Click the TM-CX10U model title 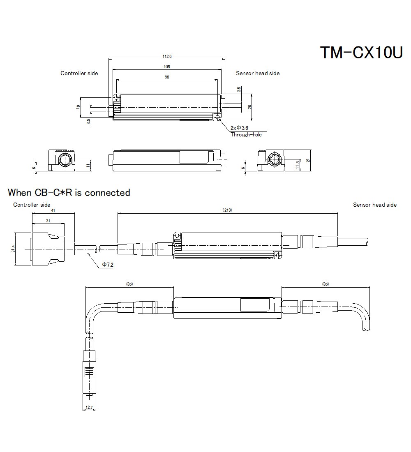pos(361,53)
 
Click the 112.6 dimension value pos(167,56)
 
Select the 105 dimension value pos(166,67)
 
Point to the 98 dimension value pos(166,77)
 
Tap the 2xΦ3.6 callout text pos(240,128)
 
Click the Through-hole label pos(246,135)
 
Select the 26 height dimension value pos(249,107)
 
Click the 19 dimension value pos(78,106)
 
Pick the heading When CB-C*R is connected pos(69,192)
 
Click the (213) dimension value pos(227,210)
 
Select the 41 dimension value pos(53,210)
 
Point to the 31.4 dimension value pos(14,249)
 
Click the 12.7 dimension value pos(89,408)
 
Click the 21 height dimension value pos(308,161)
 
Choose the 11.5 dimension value pos(297,164)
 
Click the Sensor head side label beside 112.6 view pos(257,73)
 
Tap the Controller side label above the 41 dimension pos(32,205)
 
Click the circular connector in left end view pos(64,160)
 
